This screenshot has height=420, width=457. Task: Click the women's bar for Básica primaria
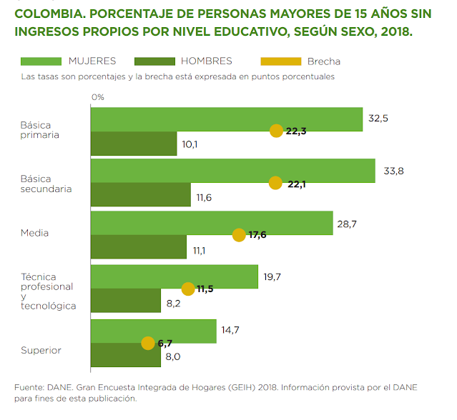point(226,119)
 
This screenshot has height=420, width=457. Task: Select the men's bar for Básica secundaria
point(141,195)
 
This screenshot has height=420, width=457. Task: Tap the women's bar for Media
point(212,223)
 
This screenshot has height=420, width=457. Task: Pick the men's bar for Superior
point(126,355)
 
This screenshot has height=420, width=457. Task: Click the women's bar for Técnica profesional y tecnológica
point(174,276)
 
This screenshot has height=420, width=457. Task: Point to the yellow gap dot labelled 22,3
point(276,131)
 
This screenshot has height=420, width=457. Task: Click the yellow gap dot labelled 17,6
point(240,234)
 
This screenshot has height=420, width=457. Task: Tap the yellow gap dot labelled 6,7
point(148,343)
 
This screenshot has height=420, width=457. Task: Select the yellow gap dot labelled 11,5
point(188,289)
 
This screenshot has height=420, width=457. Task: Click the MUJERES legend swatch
point(42,61)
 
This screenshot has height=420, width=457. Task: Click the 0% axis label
point(98,96)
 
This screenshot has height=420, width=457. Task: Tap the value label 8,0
point(172,356)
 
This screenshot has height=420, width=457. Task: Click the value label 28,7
point(347,224)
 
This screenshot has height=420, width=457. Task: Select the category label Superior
point(41,350)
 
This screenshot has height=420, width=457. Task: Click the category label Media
point(34,233)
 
